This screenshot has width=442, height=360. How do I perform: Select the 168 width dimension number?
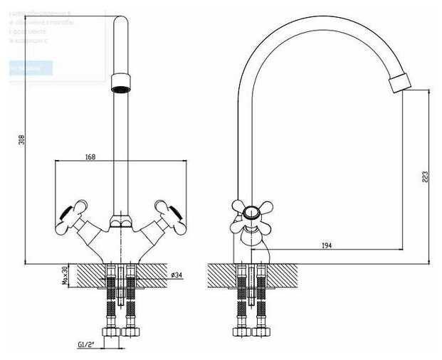point(90,157)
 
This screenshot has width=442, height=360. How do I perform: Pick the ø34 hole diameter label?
point(177,275)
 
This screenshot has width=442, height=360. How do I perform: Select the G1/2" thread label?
point(86,345)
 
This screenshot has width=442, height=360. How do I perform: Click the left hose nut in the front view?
point(112,332)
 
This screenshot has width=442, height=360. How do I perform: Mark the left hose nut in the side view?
point(241,332)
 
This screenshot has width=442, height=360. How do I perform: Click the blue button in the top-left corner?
point(31,68)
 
